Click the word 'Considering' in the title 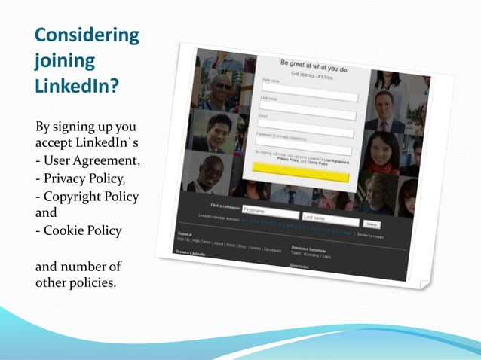[x=87, y=35]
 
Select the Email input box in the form [x=305, y=129]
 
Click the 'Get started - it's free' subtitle [x=311, y=78]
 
